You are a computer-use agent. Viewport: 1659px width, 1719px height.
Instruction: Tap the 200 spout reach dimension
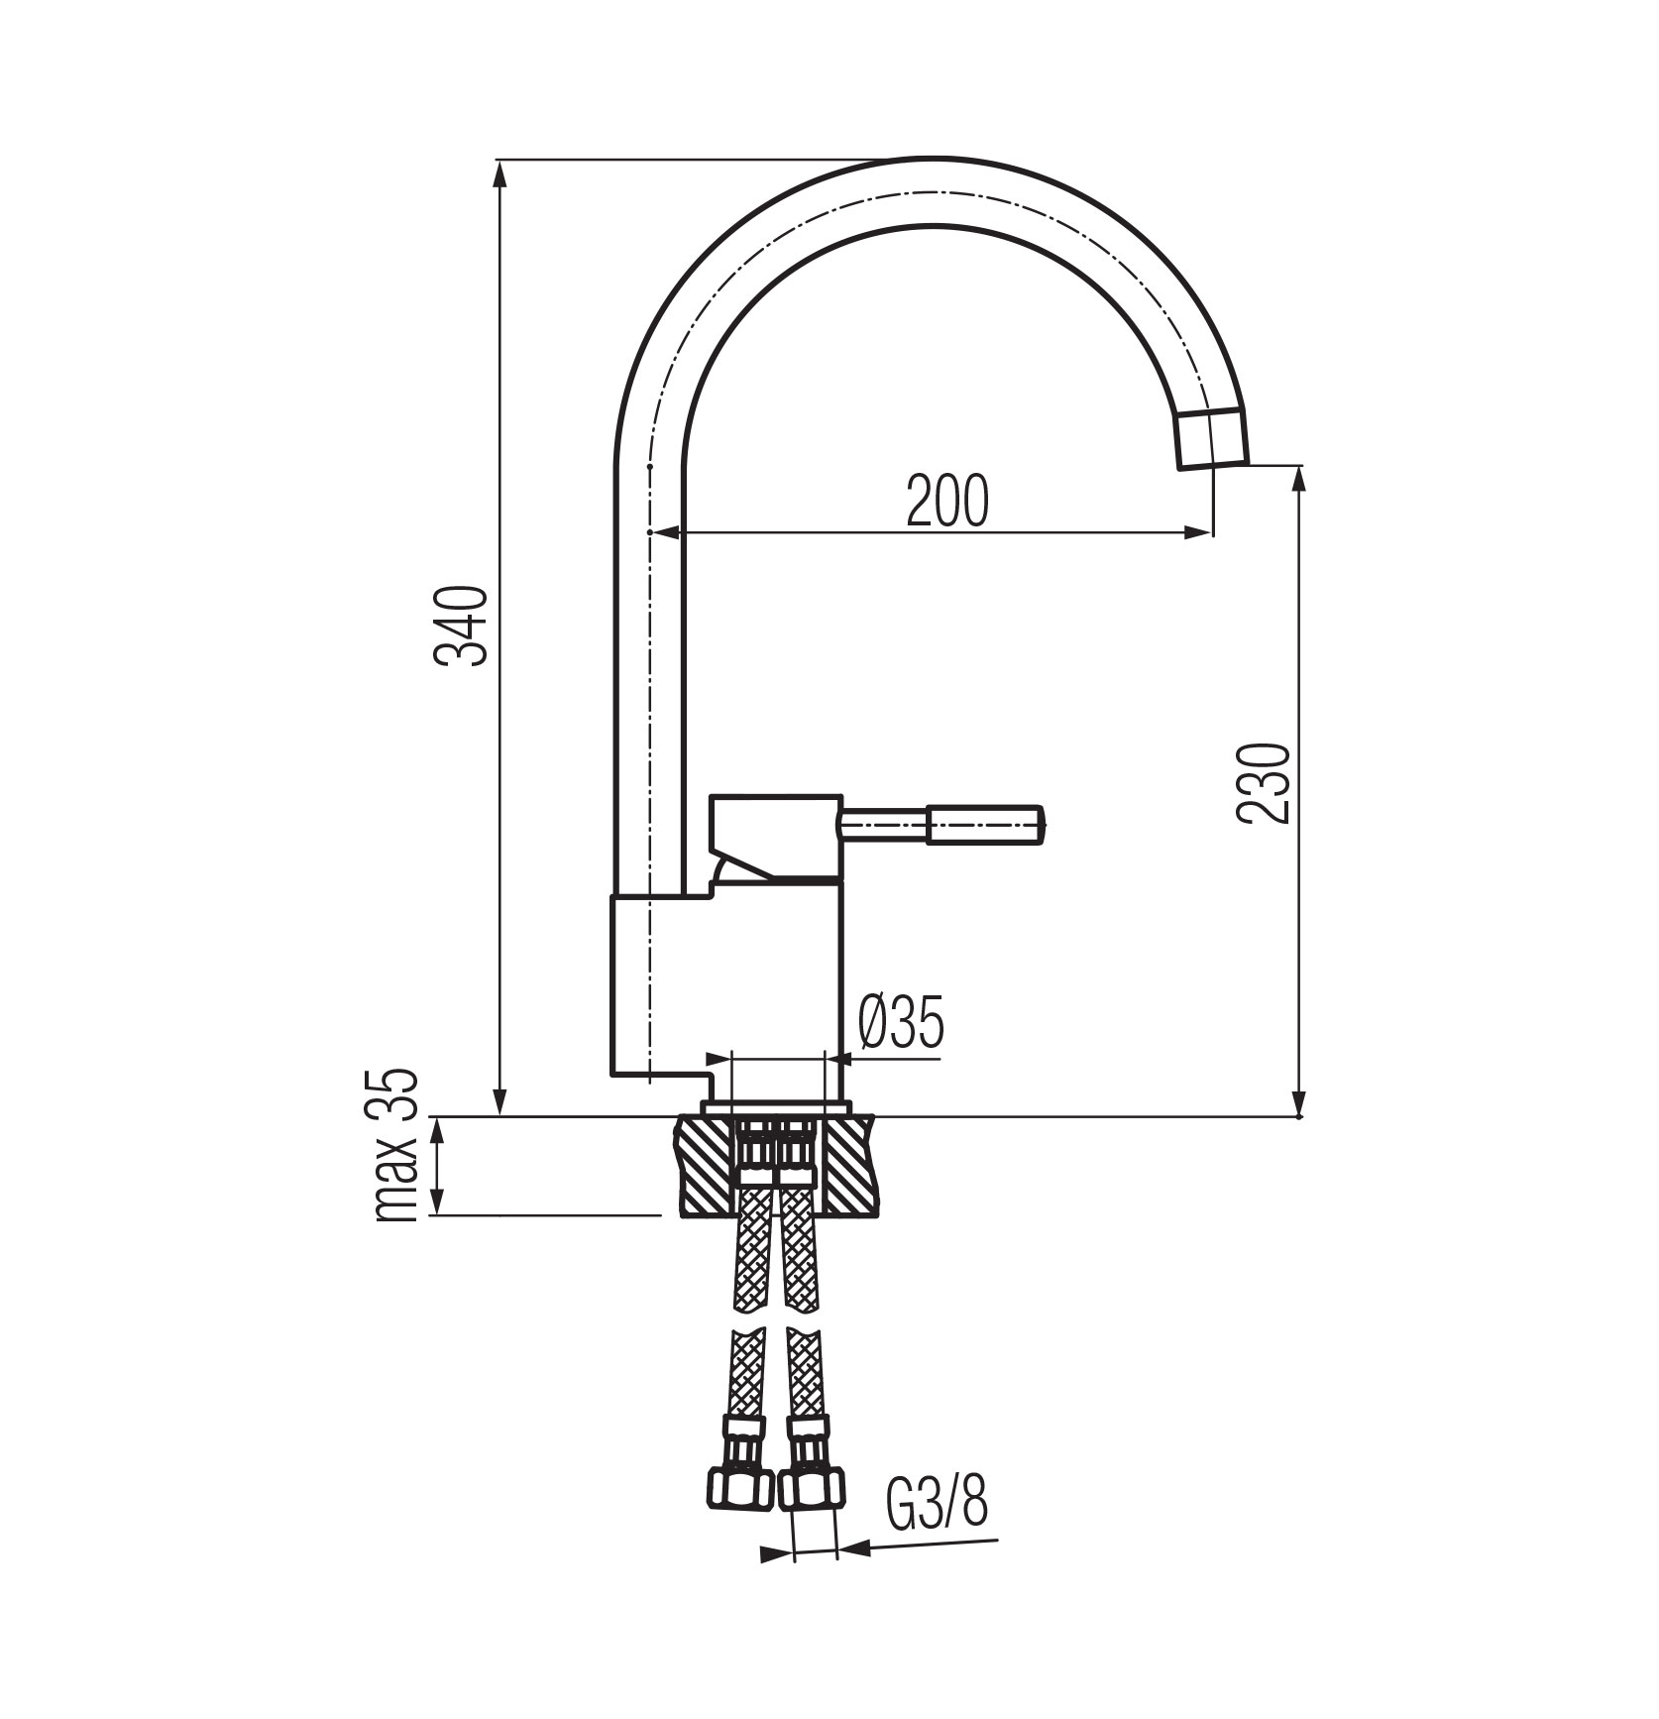tap(947, 501)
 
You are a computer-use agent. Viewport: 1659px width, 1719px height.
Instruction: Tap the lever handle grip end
tap(986, 825)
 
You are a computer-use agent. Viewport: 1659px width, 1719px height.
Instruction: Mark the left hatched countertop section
tap(707, 1165)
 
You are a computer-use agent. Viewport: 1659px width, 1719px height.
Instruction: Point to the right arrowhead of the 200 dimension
tap(1199, 533)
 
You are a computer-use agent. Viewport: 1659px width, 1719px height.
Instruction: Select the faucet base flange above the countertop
tap(775, 1106)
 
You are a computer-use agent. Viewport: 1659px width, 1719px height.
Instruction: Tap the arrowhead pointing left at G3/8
tap(852, 1573)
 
